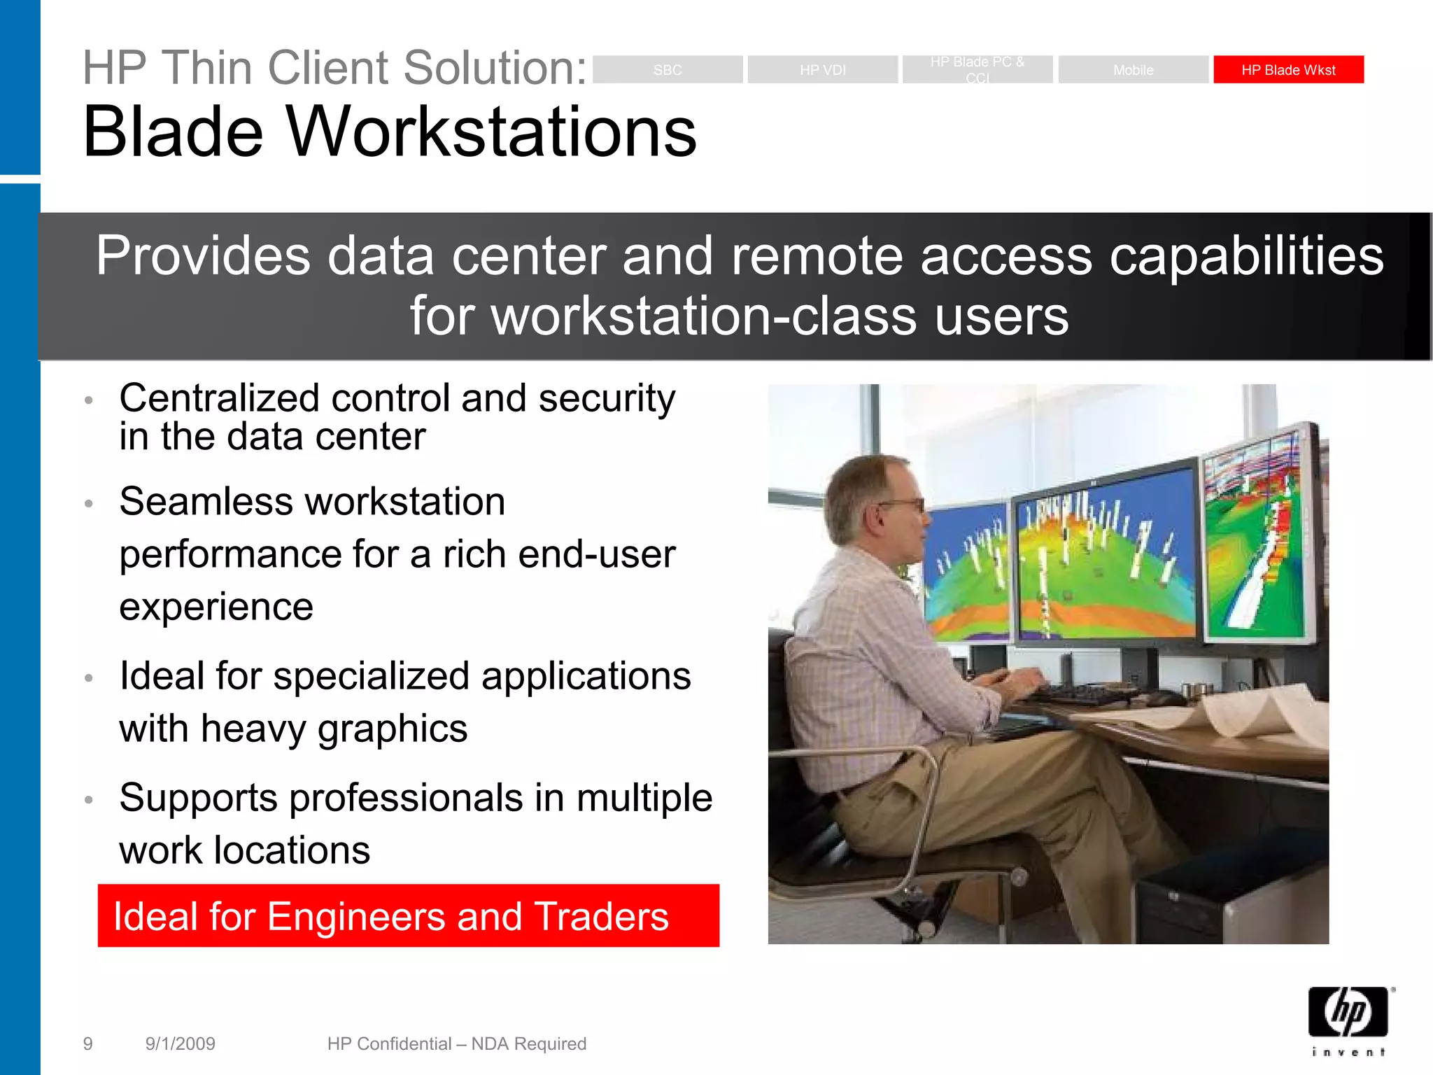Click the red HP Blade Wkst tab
click(x=1288, y=69)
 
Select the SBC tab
click(x=668, y=69)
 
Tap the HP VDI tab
click(x=823, y=69)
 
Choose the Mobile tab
click(x=1133, y=69)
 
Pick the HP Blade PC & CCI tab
click(x=977, y=69)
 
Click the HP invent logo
click(x=1348, y=1019)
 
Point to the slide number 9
click(x=87, y=1044)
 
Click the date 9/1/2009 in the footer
click(x=180, y=1044)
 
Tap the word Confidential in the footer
click(x=404, y=1044)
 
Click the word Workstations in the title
click(x=491, y=132)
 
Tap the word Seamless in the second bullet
click(x=207, y=502)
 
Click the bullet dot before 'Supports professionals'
click(x=89, y=799)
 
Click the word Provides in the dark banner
click(x=203, y=256)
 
